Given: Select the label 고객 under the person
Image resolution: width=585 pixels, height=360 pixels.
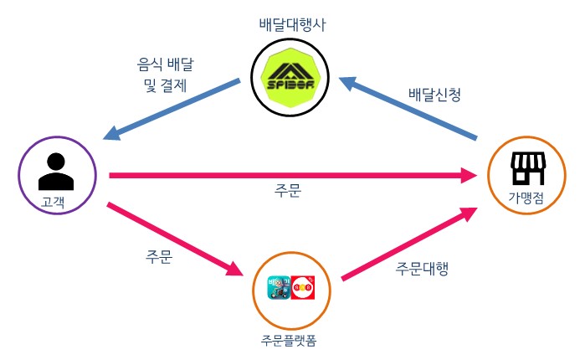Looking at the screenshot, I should tap(55, 200).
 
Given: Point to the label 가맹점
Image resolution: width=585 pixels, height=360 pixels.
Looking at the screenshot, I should tap(527, 199).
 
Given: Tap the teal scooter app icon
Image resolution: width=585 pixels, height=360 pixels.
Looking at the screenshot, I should tap(278, 289).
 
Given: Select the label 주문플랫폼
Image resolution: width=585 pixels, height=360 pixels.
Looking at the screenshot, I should tap(288, 340).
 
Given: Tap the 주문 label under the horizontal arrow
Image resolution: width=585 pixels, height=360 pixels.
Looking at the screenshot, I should tap(288, 191).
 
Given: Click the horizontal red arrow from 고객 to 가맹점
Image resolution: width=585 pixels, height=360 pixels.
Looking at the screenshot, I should tap(285, 175).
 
